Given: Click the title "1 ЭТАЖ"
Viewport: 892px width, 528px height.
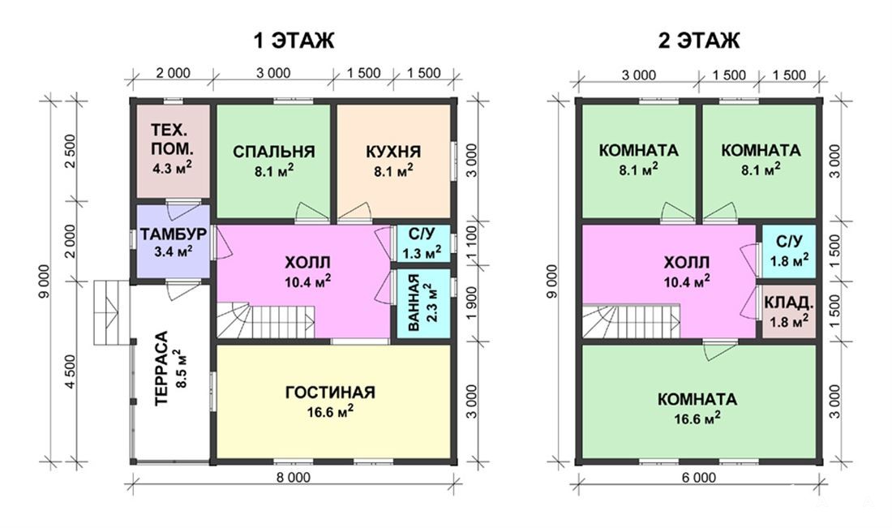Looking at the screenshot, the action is (294, 41).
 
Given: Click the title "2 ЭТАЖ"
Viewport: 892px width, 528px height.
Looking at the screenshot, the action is (699, 41).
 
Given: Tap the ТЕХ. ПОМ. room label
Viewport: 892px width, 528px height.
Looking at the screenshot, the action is (173, 140).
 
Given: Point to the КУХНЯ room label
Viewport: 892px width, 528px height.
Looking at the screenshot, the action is (393, 152).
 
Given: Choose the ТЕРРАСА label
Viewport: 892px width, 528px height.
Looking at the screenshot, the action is (162, 368).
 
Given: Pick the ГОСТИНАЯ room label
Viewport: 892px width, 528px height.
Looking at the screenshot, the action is (331, 393).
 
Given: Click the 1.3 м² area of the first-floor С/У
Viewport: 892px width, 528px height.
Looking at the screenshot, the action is (422, 252).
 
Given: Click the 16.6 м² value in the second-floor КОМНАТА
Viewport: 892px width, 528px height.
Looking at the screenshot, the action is (697, 419).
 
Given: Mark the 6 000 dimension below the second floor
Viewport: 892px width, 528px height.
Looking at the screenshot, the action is (699, 478).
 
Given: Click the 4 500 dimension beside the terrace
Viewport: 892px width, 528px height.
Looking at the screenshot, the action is (71, 371).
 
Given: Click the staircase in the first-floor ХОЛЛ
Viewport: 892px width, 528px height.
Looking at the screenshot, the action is (266, 320).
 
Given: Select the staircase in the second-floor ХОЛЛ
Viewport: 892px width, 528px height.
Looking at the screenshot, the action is (631, 321).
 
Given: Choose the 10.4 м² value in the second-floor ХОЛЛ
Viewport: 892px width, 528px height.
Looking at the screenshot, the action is (687, 281).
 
